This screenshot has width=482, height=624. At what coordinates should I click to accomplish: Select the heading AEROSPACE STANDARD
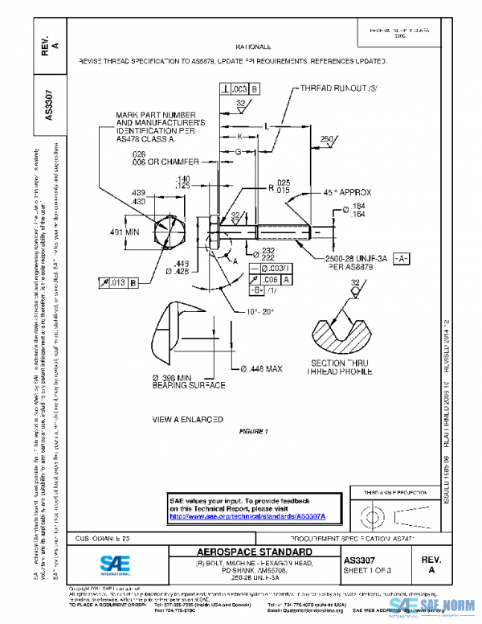(243, 552)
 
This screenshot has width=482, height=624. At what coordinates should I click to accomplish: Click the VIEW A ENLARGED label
(189, 420)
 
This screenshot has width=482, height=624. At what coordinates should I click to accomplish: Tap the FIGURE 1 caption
(253, 432)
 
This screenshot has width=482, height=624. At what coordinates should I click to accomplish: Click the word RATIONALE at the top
(259, 47)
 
